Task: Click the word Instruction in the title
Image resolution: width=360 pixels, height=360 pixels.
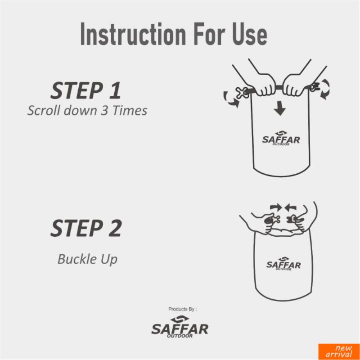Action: [x=133, y=34]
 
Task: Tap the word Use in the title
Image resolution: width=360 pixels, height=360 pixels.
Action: [x=250, y=34]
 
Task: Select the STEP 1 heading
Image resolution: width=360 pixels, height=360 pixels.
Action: [x=85, y=90]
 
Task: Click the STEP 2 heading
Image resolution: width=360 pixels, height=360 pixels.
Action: [x=86, y=228]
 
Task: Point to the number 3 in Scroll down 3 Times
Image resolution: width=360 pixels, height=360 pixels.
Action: [x=104, y=110]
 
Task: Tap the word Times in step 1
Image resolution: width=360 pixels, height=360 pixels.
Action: [x=130, y=110]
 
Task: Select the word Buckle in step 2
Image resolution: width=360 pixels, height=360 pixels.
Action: [x=74, y=259]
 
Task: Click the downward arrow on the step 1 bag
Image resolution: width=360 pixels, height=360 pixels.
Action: [x=279, y=108]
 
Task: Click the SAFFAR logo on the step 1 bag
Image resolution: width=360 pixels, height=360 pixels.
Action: [x=281, y=138]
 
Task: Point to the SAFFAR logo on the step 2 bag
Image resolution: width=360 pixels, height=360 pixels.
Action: [x=283, y=264]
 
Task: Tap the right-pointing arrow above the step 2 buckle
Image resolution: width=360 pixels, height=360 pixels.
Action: [x=276, y=207]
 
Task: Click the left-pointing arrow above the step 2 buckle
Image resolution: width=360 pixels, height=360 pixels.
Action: [x=290, y=208]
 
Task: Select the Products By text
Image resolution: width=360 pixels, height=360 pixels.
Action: [x=183, y=309]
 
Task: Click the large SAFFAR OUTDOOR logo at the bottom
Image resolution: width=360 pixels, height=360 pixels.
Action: [x=180, y=327]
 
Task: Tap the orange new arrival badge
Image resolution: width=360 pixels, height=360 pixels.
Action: [x=339, y=351]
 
